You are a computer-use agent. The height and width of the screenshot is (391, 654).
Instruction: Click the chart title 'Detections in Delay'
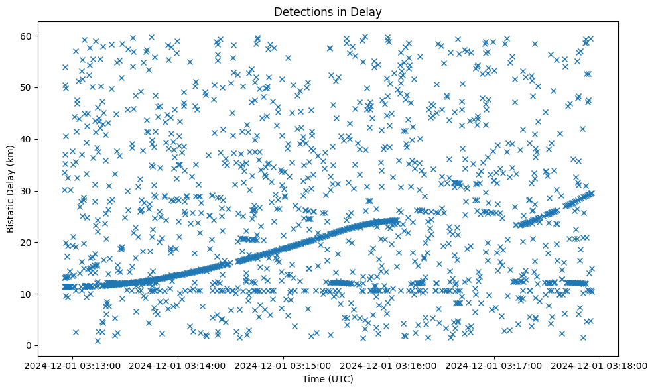point(328,11)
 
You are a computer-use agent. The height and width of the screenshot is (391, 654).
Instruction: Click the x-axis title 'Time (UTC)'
point(328,379)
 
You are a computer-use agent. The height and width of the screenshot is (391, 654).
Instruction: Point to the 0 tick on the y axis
point(29,345)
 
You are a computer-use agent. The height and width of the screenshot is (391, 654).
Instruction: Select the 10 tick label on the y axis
point(27,294)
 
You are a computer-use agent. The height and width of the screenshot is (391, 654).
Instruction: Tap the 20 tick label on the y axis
point(27,242)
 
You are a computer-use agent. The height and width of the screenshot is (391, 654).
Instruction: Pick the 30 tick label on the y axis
point(27,191)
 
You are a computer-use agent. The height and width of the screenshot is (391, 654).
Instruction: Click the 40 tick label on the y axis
point(27,139)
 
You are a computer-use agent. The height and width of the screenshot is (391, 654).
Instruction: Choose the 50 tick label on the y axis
point(27,87)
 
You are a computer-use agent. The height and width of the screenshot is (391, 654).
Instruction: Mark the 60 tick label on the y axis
point(27,36)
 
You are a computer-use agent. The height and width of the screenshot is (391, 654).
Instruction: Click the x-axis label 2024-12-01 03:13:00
point(73,365)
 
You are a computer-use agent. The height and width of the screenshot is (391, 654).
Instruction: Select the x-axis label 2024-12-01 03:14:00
point(178,365)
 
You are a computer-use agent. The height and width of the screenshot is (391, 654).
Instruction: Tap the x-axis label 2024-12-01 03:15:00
point(284,365)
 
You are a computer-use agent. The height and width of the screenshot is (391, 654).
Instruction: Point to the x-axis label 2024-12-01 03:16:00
point(389,365)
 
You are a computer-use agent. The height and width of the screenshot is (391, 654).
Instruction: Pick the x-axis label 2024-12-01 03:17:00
point(495,365)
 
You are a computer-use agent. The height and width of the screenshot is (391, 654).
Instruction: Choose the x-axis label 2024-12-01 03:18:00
point(600,365)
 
